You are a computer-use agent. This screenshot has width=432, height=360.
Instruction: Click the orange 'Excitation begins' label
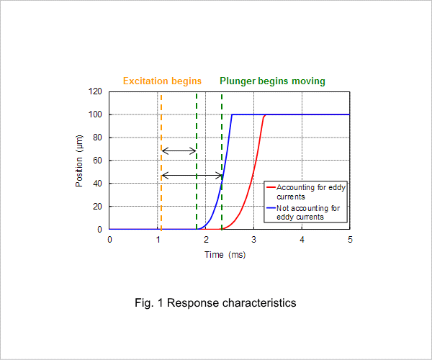point(162,81)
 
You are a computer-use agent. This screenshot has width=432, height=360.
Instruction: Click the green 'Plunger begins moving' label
point(272,81)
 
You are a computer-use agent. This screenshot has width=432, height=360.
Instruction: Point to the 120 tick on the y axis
point(95,91)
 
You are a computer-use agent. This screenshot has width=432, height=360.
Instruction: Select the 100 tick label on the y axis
point(95,114)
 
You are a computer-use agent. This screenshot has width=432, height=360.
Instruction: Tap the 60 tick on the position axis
point(97,161)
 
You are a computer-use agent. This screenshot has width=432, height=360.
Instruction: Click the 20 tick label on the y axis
point(97,207)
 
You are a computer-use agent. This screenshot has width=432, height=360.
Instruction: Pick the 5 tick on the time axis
point(350,240)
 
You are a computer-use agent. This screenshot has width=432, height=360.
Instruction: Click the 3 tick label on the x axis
point(253,240)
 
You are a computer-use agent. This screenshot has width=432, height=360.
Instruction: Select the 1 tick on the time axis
point(158,240)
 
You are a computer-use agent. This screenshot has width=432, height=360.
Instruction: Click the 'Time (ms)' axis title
point(225,255)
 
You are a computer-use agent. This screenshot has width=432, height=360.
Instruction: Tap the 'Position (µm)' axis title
point(79,161)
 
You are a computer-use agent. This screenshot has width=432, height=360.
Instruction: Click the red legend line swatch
point(271,187)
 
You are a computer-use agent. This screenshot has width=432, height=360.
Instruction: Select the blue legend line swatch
point(271,208)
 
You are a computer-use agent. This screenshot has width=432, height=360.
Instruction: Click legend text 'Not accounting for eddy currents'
point(308,212)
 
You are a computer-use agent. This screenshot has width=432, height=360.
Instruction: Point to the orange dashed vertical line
point(161,162)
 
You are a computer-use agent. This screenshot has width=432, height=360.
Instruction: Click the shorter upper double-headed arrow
point(179,150)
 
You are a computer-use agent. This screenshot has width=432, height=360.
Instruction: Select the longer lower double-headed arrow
point(192,175)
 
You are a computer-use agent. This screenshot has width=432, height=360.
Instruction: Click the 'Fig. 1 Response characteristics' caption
point(215,303)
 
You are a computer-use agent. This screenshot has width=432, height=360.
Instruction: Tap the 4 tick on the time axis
point(302,240)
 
